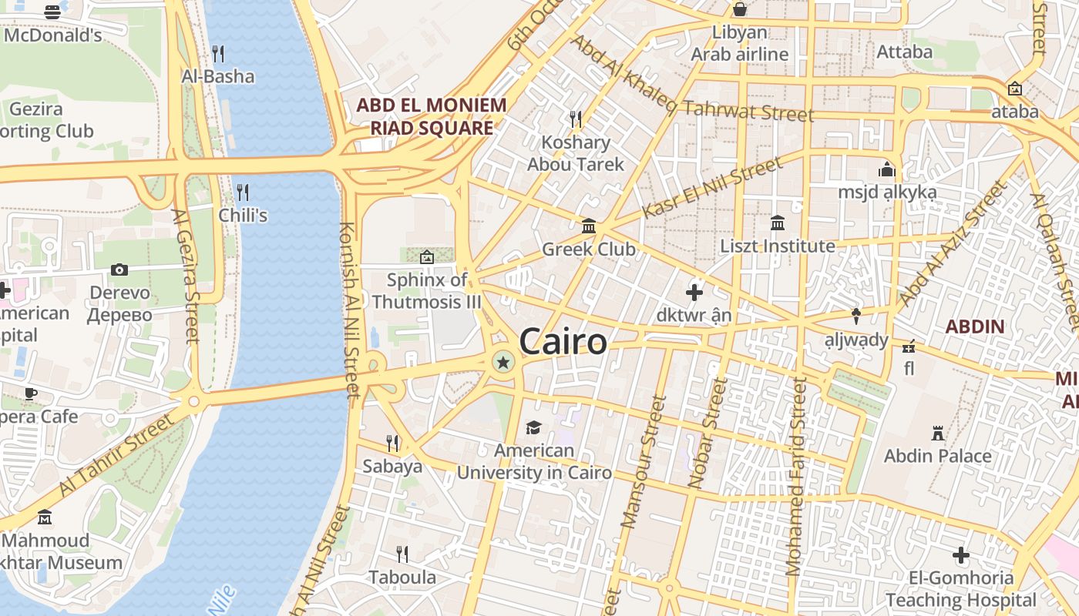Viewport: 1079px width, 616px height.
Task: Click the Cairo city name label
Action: click(x=563, y=341)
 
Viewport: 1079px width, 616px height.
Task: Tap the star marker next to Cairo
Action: click(x=503, y=362)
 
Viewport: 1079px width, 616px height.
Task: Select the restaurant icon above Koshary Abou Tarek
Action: click(x=576, y=119)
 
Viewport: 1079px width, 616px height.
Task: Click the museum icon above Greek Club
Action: click(x=589, y=226)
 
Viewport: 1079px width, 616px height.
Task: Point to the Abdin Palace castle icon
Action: click(x=938, y=433)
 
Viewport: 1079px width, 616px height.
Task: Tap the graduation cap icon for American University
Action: click(x=533, y=427)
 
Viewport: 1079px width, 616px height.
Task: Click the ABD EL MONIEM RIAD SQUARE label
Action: click(x=431, y=116)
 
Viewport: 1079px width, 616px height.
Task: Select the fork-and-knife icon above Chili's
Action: click(x=243, y=192)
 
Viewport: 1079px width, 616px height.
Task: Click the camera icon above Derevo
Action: click(x=119, y=269)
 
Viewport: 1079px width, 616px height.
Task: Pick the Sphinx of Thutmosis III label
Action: click(x=426, y=290)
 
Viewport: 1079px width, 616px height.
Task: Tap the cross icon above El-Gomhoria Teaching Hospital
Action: click(x=960, y=554)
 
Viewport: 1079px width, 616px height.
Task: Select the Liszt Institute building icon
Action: click(x=778, y=223)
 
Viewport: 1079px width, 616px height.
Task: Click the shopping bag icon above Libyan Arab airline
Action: click(x=740, y=9)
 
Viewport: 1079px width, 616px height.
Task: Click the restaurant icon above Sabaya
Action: click(x=392, y=443)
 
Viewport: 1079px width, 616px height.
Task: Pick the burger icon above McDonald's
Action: click(x=52, y=12)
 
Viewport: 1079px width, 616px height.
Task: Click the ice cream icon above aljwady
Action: click(x=856, y=316)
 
